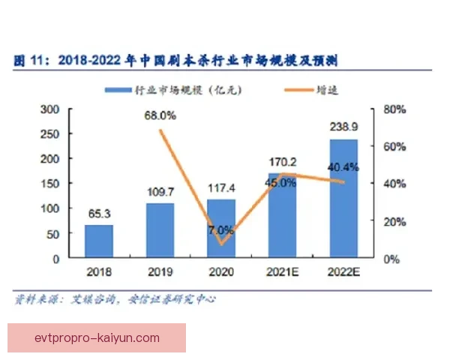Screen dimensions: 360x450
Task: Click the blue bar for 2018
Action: [99, 241]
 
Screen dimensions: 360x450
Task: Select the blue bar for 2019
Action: [160, 230]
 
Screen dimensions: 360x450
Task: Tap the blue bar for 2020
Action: [220, 229]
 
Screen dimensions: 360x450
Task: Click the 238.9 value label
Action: [343, 128]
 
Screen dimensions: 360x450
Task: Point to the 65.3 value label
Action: [99, 214]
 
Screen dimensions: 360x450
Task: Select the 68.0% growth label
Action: [160, 115]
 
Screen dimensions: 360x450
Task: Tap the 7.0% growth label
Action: [220, 229]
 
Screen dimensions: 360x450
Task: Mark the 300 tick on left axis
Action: [49, 109]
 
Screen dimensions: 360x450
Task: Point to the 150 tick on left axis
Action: [49, 184]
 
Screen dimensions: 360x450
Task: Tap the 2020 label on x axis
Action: [220, 272]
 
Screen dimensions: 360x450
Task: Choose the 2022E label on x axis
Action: [343, 272]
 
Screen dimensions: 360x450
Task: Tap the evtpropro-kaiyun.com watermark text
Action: [97, 337]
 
